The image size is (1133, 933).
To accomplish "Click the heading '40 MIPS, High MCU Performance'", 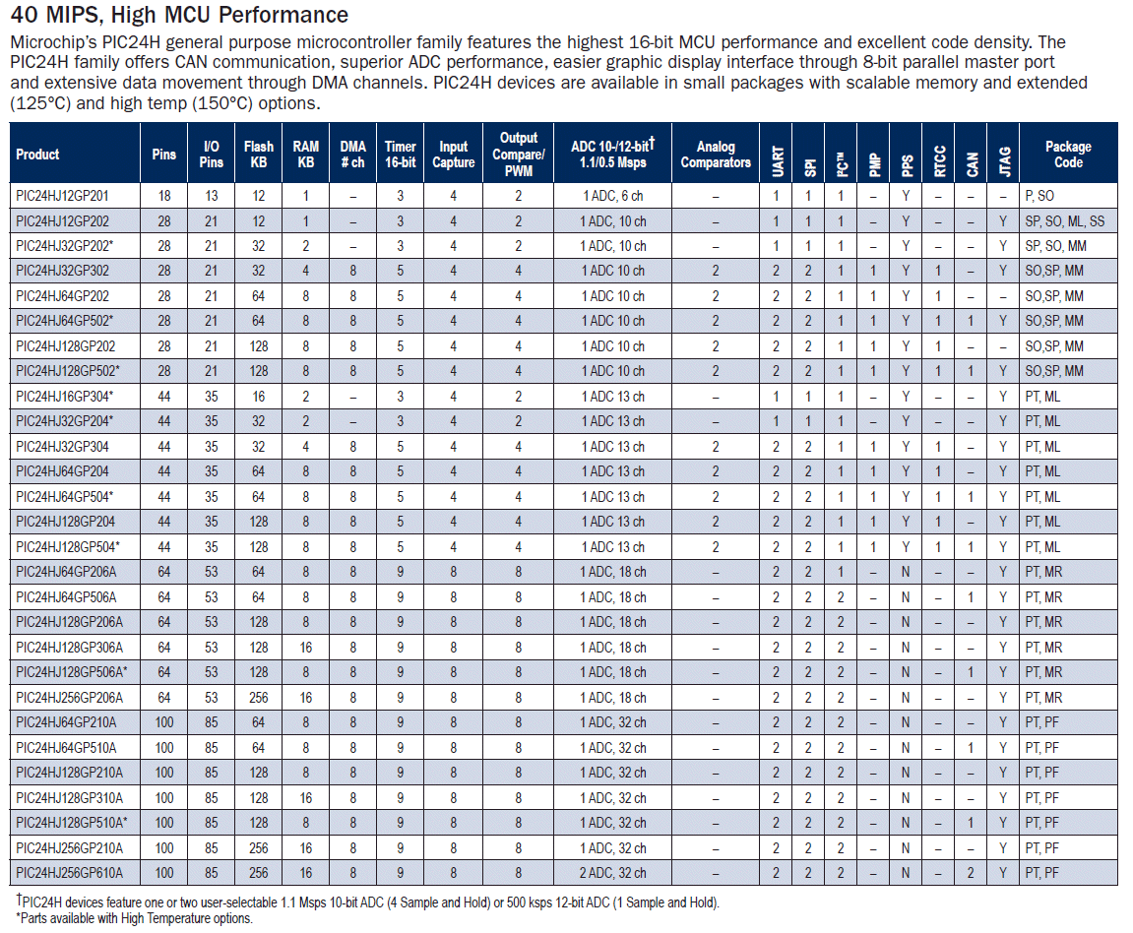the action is click(x=179, y=15).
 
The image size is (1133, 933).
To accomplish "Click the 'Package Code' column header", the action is click(x=1068, y=154).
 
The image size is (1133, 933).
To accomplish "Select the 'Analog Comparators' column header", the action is click(x=716, y=155).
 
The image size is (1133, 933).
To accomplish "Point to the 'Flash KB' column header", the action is click(x=259, y=155).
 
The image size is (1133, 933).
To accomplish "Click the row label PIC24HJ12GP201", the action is click(x=62, y=196).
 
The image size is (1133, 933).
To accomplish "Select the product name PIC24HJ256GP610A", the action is click(x=69, y=873).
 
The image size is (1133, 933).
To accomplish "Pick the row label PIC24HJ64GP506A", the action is click(x=66, y=597).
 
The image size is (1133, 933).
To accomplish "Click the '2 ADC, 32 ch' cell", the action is click(x=612, y=873).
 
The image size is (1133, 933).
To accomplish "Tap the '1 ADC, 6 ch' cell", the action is click(x=612, y=196).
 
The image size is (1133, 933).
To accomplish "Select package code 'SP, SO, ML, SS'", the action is click(x=1064, y=221).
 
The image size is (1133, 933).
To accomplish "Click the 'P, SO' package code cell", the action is click(x=1039, y=196).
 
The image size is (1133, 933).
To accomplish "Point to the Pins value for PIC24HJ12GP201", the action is click(x=164, y=196).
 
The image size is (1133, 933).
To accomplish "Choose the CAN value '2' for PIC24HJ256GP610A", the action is click(x=972, y=873).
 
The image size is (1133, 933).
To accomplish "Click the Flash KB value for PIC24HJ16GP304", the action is click(x=259, y=397).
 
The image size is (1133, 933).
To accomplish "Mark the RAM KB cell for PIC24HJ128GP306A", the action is click(x=306, y=648).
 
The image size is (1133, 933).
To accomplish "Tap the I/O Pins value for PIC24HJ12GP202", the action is click(x=211, y=221).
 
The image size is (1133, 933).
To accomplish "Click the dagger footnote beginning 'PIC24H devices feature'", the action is click(x=367, y=902).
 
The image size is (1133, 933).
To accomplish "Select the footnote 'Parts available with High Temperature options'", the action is click(x=135, y=918).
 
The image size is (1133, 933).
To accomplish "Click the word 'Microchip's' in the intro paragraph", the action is click(x=53, y=42).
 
